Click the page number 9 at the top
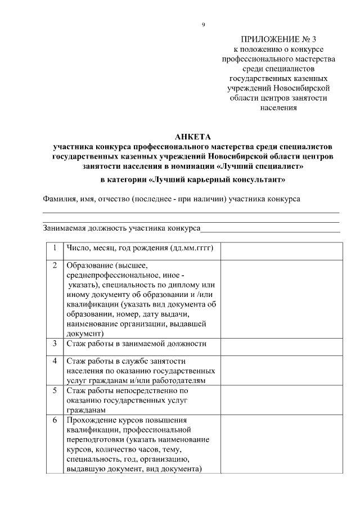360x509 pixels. click(x=203, y=24)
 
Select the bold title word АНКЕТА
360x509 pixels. click(x=192, y=137)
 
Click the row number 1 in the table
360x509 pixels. click(x=54, y=248)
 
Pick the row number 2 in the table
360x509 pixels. click(x=54, y=265)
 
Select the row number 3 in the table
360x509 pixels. click(x=54, y=343)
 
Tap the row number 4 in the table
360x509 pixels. click(x=54, y=361)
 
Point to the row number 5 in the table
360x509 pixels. click(x=54, y=390)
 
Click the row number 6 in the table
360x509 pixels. click(x=54, y=420)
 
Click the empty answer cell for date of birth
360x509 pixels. click(x=281, y=251)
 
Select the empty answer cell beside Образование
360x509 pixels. click(x=281, y=299)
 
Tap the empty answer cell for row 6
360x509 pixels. click(x=281, y=444)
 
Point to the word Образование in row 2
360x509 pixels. click(x=89, y=265)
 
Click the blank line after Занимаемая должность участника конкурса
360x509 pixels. click(x=270, y=228)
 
